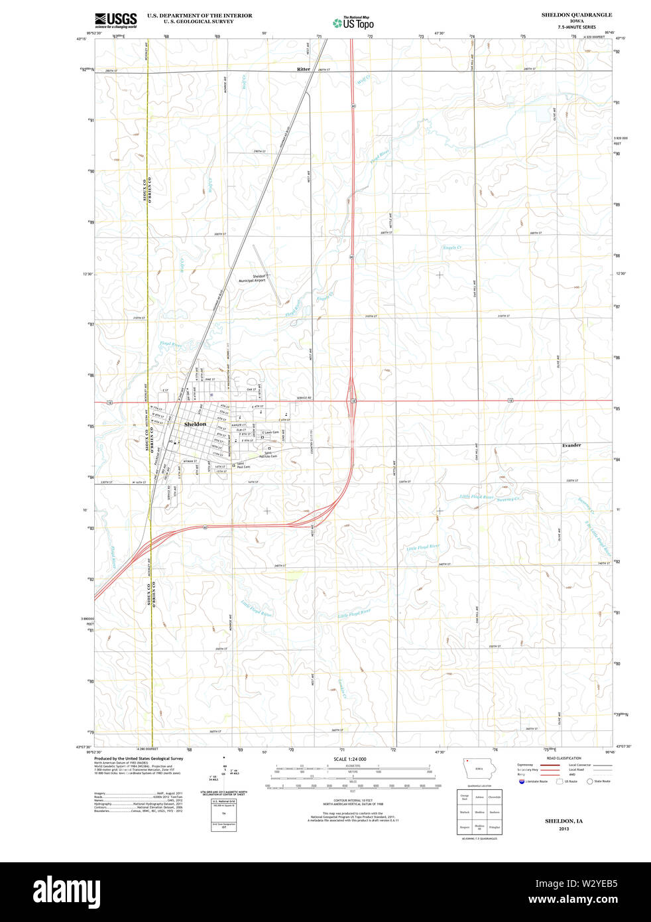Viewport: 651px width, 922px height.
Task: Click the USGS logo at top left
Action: (x=116, y=19)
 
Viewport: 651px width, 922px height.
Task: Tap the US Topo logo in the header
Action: (x=353, y=23)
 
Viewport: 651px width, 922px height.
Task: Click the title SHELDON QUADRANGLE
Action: (x=576, y=15)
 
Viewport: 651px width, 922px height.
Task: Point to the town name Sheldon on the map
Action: (x=195, y=424)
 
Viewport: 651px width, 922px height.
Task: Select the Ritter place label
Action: (x=304, y=69)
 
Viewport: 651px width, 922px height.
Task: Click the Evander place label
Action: (x=571, y=445)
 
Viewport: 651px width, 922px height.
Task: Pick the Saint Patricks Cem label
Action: (x=268, y=455)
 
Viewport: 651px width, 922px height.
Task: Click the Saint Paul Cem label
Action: (x=244, y=465)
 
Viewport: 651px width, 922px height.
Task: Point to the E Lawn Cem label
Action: (x=270, y=432)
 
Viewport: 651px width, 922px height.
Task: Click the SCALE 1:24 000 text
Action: (x=349, y=759)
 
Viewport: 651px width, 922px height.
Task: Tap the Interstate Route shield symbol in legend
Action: (x=522, y=781)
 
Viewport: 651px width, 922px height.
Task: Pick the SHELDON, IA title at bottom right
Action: (x=563, y=821)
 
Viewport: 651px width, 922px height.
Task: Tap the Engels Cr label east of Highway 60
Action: (x=452, y=247)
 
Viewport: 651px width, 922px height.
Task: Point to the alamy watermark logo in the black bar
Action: (x=67, y=890)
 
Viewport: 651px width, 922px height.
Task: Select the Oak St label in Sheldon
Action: (x=251, y=389)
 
